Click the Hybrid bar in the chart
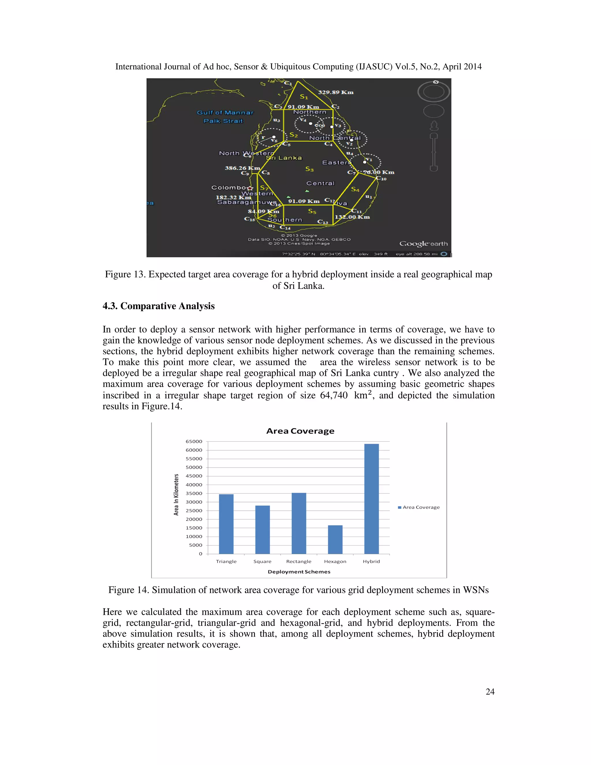tap(371, 499)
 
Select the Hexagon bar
tap(335, 540)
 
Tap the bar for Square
tap(262, 530)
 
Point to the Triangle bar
tap(226, 524)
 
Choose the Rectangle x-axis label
tap(299, 561)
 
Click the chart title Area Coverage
tap(300, 431)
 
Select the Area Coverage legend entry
tap(419, 507)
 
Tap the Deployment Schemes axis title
tap(299, 572)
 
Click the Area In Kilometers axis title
tap(176, 495)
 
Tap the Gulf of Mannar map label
tap(225, 112)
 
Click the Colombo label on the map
tap(229, 188)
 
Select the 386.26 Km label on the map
tap(242, 168)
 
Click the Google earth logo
tap(423, 244)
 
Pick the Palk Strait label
tap(223, 121)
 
